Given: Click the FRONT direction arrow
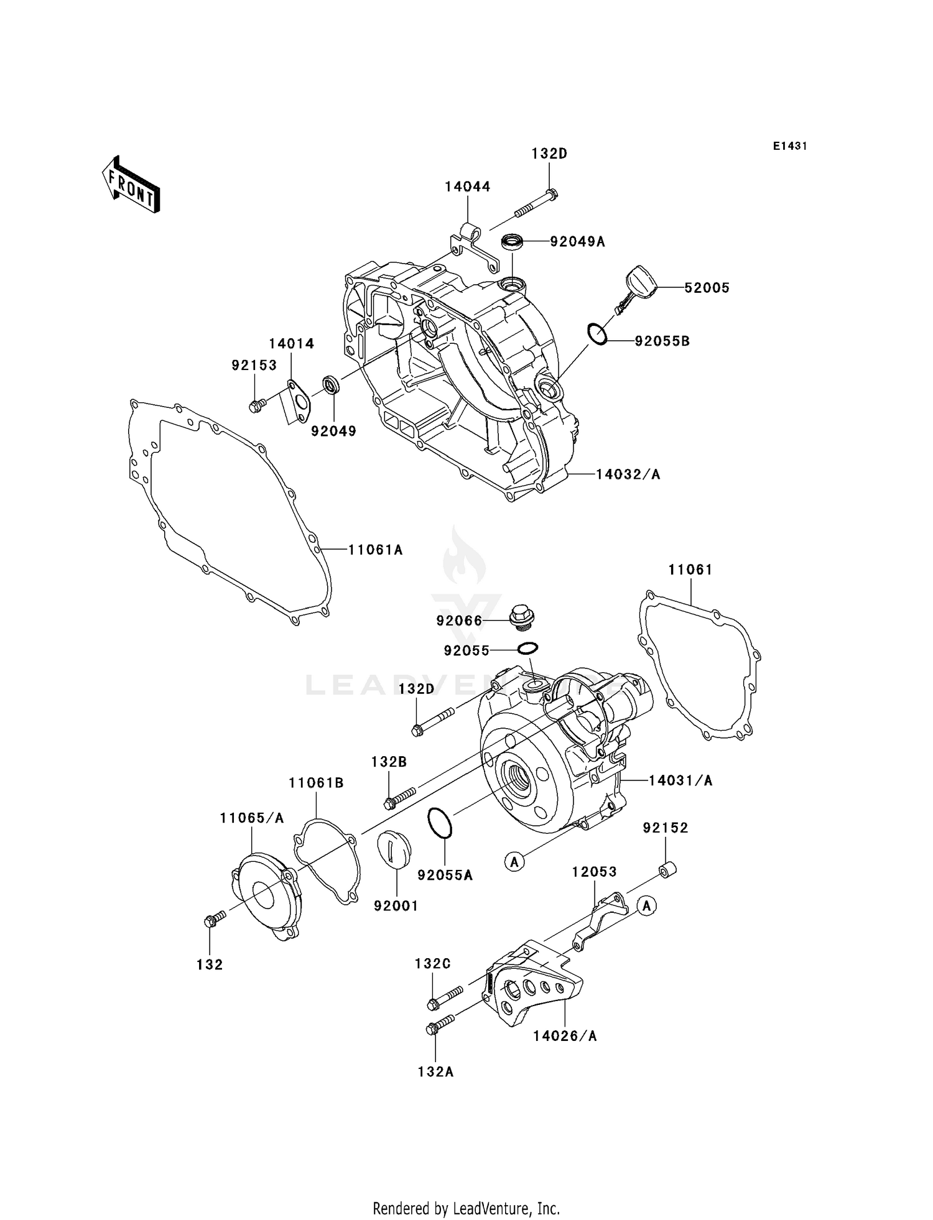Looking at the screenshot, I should click(131, 186).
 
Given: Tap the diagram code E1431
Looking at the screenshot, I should click(790, 146).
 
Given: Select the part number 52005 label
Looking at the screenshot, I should click(707, 288).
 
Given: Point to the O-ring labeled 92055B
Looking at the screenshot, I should click(597, 333).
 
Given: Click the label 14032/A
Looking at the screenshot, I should click(628, 474).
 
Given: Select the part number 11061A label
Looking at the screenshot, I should click(375, 550).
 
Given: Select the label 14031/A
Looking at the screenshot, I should click(680, 780).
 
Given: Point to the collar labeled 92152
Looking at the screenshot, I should click(667, 869).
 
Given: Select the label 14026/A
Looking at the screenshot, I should click(565, 1036).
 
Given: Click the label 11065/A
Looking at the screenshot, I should click(251, 818).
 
